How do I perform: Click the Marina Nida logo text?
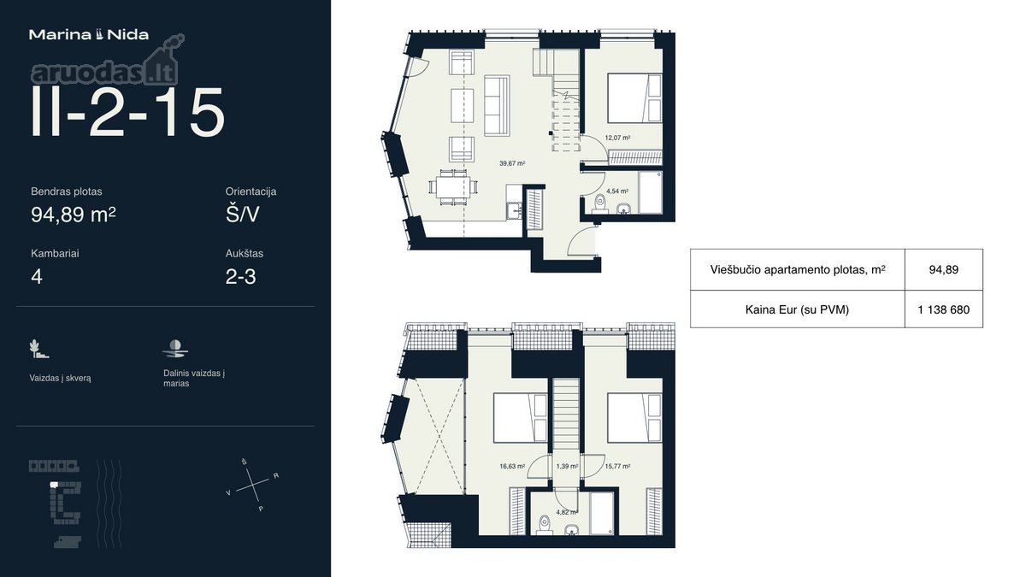pyautogui.click(x=89, y=35)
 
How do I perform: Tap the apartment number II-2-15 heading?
pyautogui.click(x=127, y=112)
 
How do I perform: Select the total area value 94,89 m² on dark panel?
pyautogui.click(x=74, y=214)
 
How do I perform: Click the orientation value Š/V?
pyautogui.click(x=242, y=214)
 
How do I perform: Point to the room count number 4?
pyautogui.click(x=37, y=277)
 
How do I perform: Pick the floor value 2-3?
pyautogui.click(x=240, y=277)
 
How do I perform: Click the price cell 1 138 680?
pyautogui.click(x=944, y=309)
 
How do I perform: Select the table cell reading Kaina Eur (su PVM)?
pyautogui.click(x=797, y=309)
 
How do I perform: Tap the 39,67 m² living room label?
pyautogui.click(x=512, y=163)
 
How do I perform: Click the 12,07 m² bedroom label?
pyautogui.click(x=617, y=138)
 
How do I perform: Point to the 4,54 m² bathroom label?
pyautogui.click(x=617, y=191)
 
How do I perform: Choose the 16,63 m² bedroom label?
pyautogui.click(x=512, y=466)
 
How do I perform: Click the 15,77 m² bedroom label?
pyautogui.click(x=617, y=466)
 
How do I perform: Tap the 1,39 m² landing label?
pyautogui.click(x=567, y=466)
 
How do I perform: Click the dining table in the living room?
pyautogui.click(x=452, y=187)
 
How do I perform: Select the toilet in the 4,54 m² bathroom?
pyautogui.click(x=599, y=204)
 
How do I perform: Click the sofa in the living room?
pyautogui.click(x=497, y=105)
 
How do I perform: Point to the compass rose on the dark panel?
pyautogui.click(x=253, y=484)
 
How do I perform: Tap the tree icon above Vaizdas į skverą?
pyautogui.click(x=38, y=349)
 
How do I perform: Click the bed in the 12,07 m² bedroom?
pyautogui.click(x=634, y=98)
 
